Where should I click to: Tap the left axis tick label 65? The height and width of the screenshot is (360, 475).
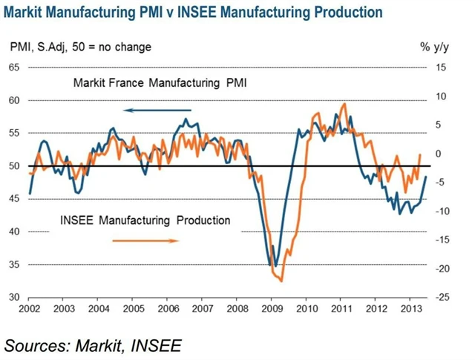click(x=13, y=68)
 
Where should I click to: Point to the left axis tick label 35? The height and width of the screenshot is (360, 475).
click(x=13, y=265)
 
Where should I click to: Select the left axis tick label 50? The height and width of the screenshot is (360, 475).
click(x=13, y=166)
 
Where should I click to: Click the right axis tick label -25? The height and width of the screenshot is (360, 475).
click(x=441, y=298)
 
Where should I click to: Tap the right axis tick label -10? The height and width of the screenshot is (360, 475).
click(x=441, y=212)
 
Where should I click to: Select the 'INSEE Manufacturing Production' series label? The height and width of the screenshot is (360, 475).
click(x=145, y=220)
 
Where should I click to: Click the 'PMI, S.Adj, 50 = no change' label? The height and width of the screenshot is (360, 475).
click(x=80, y=47)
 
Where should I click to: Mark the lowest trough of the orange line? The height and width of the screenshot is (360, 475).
click(x=281, y=281)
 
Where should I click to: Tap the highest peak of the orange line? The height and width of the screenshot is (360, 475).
click(x=344, y=104)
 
